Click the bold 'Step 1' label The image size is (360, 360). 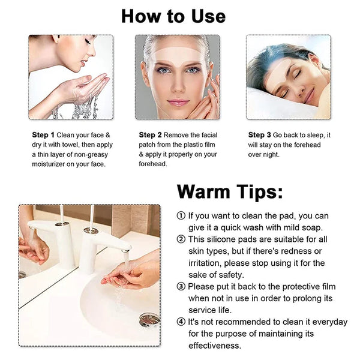[x=43, y=135]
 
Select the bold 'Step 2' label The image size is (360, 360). [x=151, y=135]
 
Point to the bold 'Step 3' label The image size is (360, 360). [x=260, y=135]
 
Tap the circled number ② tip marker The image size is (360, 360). [x=181, y=239]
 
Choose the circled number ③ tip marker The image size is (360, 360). [x=181, y=287]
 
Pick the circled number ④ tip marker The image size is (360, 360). [x=181, y=323]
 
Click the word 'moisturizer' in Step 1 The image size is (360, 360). [x=52, y=164]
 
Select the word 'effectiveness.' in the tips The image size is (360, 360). [x=215, y=346]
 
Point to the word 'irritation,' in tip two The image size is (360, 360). [x=208, y=263]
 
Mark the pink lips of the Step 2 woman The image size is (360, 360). [x=178, y=102]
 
